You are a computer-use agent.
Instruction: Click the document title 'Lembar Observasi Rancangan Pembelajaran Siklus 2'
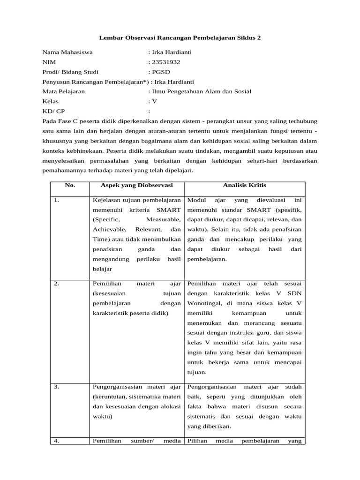pos(180,37)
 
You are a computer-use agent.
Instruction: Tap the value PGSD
pos(160,72)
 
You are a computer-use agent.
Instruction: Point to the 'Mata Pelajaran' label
pos(63,91)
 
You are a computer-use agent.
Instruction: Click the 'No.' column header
pos(70,185)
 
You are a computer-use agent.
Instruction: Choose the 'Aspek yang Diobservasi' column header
pos(136,185)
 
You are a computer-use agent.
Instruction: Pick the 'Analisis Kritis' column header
pos(245,185)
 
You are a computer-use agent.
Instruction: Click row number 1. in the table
pos(56,201)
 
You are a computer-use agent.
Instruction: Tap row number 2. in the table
pos(56,284)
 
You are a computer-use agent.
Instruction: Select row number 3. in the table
pos(56,387)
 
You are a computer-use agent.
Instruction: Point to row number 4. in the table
pos(56,441)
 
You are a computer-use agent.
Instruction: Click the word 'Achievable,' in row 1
pos(110,230)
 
